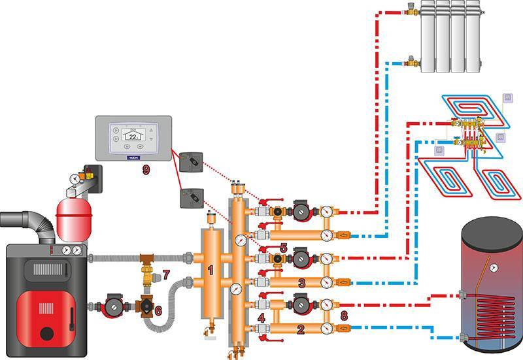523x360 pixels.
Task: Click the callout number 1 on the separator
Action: click(x=211, y=269)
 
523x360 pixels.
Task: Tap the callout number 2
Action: click(x=301, y=330)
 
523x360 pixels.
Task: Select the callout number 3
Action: click(x=301, y=283)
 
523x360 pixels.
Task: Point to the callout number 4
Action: click(x=261, y=318)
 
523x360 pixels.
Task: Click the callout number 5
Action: click(x=283, y=248)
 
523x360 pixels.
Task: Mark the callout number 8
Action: click(x=344, y=316)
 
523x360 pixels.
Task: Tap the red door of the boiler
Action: click(x=41, y=315)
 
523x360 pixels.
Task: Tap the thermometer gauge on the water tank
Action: click(x=495, y=267)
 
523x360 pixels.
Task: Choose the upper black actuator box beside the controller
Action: click(x=193, y=160)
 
